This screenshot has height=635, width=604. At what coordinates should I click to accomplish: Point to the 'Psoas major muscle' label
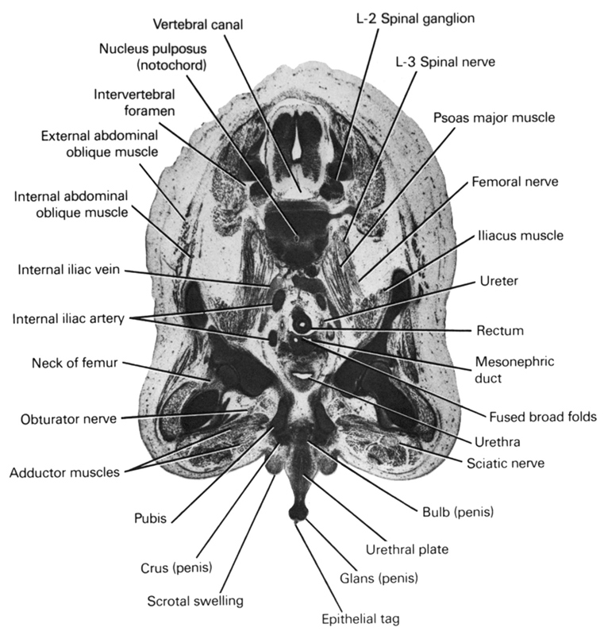(x=494, y=117)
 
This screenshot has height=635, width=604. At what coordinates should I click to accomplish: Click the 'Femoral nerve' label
(x=514, y=182)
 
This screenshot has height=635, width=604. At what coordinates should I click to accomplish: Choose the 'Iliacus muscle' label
(x=520, y=236)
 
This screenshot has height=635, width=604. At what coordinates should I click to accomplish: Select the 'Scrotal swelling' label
(x=195, y=601)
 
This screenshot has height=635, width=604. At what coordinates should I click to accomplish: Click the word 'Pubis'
(x=150, y=519)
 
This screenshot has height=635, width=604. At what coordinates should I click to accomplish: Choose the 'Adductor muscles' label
(x=64, y=473)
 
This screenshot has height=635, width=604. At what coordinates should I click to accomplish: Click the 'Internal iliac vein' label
(x=68, y=270)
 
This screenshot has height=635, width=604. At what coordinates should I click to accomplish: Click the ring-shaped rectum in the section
(x=302, y=324)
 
